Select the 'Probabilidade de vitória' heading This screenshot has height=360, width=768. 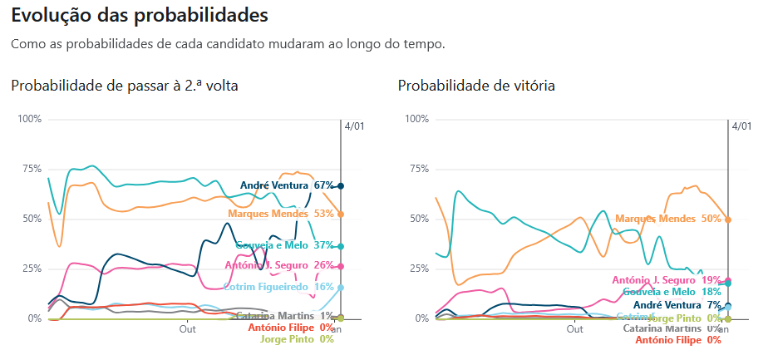click(x=476, y=86)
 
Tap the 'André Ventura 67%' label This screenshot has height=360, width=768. click(x=286, y=185)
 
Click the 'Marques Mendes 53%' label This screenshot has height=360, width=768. click(x=280, y=214)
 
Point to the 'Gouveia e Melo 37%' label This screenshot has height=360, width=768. click(x=284, y=246)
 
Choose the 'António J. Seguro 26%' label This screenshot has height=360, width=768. click(x=278, y=265)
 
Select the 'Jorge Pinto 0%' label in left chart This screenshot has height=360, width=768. click(x=297, y=339)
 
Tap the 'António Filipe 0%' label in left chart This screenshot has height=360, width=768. click(x=290, y=328)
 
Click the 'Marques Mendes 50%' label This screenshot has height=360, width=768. click(x=667, y=219)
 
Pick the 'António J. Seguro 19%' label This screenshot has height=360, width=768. click(x=666, y=281)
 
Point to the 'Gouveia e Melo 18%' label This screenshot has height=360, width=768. click(x=672, y=293)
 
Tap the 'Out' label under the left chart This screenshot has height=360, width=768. click(x=188, y=329)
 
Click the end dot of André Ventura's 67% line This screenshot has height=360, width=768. click(x=341, y=185)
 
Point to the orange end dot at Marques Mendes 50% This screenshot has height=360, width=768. click(x=728, y=219)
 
